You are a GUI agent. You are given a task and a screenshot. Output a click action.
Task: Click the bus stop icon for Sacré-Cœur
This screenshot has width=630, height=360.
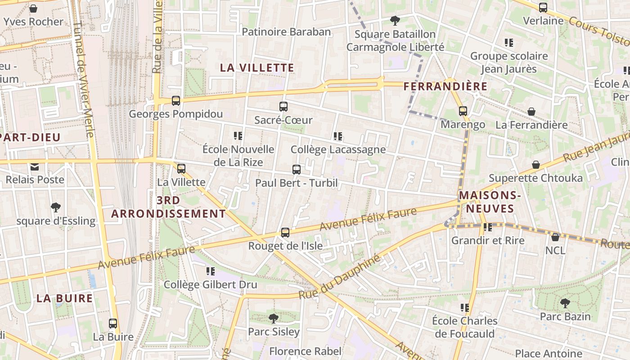tap(283, 107)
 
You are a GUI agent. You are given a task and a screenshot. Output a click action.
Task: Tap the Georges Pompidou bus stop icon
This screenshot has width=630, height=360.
tap(176, 101)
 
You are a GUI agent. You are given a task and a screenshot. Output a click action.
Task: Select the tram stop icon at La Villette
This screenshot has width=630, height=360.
tap(181, 169)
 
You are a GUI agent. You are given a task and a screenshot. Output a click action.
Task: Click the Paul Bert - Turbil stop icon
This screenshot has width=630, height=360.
tap(297, 170)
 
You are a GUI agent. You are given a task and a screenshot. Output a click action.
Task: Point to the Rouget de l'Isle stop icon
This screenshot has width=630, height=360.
tap(285, 233)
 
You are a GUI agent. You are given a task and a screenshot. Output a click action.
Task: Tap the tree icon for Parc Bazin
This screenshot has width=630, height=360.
tap(565, 303)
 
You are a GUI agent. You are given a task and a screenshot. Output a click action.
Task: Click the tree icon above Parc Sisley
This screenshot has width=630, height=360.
tap(273, 319)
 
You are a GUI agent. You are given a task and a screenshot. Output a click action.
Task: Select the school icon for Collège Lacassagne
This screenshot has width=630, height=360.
tap(338, 136)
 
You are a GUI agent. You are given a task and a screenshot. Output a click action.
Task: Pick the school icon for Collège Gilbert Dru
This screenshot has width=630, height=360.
tap(210, 271)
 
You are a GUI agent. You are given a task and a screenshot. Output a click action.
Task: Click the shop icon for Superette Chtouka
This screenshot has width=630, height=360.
tap(535, 165)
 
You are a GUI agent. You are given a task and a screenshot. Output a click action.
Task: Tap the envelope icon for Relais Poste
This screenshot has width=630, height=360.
tap(35, 166)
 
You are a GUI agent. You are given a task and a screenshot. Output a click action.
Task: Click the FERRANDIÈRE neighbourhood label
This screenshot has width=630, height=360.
tap(445, 86)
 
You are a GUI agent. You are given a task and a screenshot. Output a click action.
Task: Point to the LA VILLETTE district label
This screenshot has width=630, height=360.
tap(257, 68)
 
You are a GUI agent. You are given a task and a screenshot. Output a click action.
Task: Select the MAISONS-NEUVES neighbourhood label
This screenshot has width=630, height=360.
tap(490, 202)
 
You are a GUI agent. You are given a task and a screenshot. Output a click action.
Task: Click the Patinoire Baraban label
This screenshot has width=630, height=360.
tap(286, 32)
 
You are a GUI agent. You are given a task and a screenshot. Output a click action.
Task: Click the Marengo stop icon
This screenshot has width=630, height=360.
tap(463, 111)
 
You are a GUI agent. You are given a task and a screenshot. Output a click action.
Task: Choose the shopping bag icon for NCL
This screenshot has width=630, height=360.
tap(555, 237)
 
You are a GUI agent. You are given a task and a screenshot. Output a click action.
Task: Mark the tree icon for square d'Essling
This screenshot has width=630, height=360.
tap(56, 207)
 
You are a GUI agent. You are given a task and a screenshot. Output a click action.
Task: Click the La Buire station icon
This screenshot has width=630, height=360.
tap(113, 323)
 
